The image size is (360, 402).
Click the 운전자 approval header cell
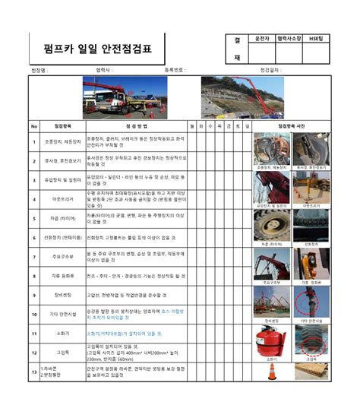pos(263,37)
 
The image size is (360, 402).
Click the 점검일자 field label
pos(270,70)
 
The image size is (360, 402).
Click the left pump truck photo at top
pos(114,97)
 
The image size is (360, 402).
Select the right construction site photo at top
pos(242,97)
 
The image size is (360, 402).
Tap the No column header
pos(34,126)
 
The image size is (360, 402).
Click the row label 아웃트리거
pos(62,199)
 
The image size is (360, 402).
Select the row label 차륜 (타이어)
pos(62,218)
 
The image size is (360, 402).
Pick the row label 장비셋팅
pos(62,295)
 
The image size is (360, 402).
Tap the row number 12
pos(34,352)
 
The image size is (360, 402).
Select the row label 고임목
pos(62,352)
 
